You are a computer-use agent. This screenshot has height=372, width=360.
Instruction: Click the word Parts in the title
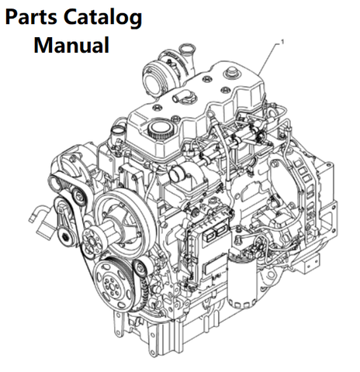31,17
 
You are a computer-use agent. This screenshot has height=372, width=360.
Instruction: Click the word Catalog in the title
102,19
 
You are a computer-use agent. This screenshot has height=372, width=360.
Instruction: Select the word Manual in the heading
71,45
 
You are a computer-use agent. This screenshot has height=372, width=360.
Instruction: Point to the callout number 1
282,42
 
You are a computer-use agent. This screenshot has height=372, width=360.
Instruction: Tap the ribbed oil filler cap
160,129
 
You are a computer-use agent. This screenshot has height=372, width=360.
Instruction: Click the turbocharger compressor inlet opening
152,79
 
